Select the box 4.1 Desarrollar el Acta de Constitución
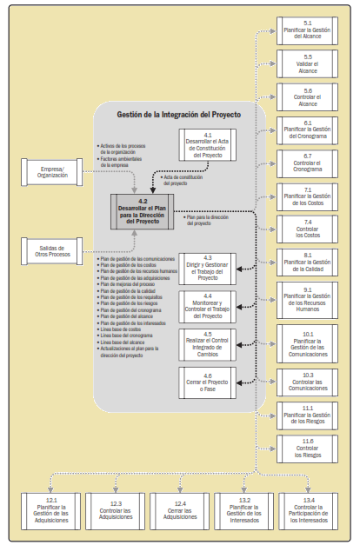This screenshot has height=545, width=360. [207, 144]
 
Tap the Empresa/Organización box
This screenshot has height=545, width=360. [48, 169]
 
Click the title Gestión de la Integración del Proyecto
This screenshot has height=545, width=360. [177, 114]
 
